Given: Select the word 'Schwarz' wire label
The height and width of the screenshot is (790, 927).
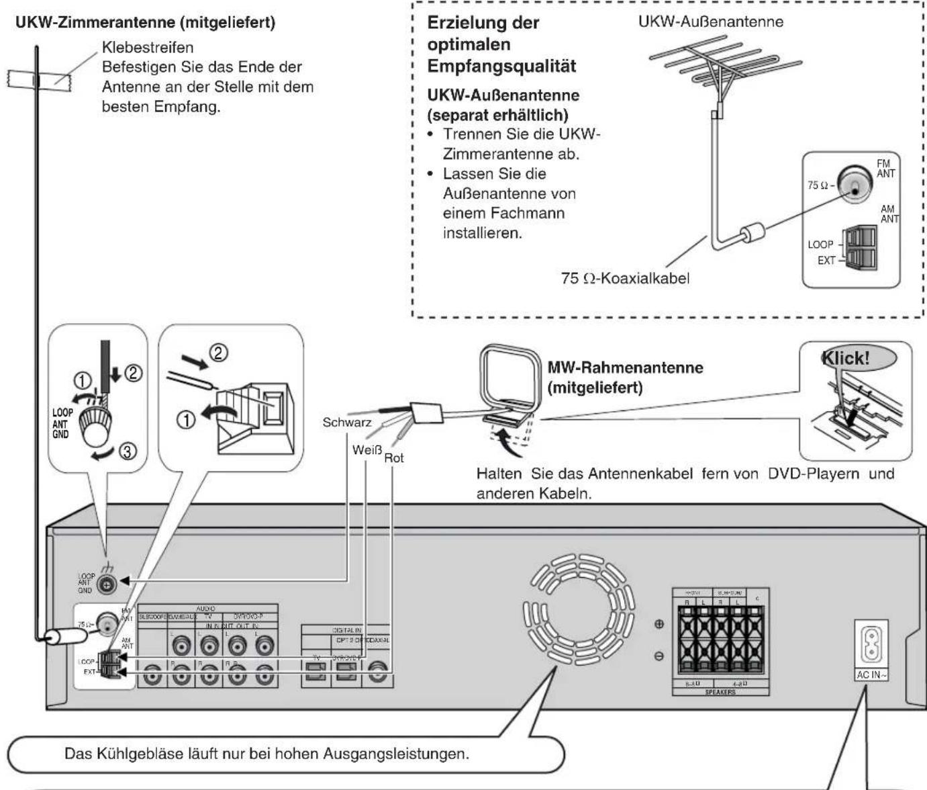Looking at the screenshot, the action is (346, 423).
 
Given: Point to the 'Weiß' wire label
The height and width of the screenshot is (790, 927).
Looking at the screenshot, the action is (366, 449).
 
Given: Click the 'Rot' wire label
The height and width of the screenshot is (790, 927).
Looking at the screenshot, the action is (394, 458).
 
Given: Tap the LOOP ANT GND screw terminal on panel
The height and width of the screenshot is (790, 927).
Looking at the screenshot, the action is (106, 584).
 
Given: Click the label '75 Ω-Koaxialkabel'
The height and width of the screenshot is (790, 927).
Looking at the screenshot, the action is (624, 277).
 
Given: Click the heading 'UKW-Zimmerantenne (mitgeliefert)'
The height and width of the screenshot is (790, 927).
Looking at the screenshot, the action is (145, 22).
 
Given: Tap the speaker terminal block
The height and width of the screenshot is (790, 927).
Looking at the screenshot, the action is (720, 642).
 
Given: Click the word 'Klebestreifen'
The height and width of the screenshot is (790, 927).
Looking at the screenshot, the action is (147, 48).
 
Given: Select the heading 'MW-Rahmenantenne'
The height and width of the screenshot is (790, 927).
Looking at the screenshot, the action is (625, 367).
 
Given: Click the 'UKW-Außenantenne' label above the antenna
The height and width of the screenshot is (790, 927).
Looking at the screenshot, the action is (710, 21).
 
